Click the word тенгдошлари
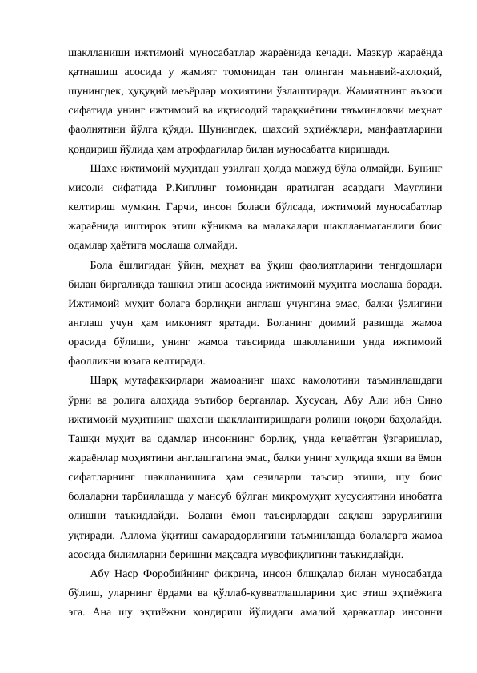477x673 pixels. coord(400,264)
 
